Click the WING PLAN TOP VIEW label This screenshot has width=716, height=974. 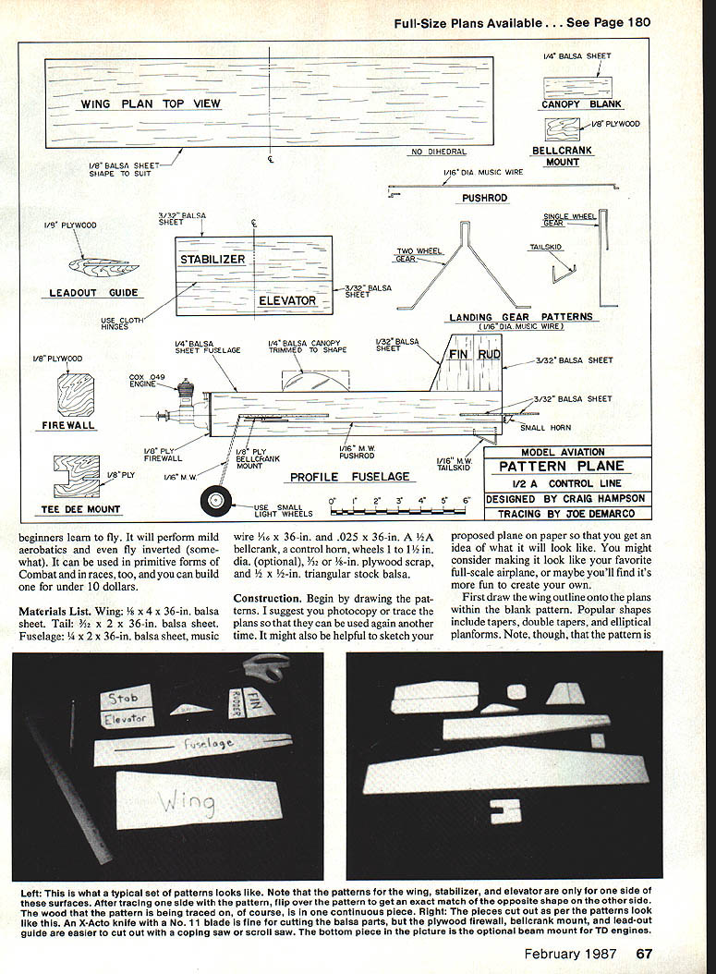click(151, 104)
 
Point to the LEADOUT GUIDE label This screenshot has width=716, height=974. click(93, 293)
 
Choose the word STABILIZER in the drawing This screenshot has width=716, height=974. click(212, 259)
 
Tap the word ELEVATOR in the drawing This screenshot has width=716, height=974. click(287, 300)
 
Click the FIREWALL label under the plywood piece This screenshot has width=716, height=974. click(68, 426)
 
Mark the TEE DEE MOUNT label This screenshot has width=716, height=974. click(79, 509)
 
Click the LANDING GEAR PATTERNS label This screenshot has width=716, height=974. click(521, 317)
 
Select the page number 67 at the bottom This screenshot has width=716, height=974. click(644, 954)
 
